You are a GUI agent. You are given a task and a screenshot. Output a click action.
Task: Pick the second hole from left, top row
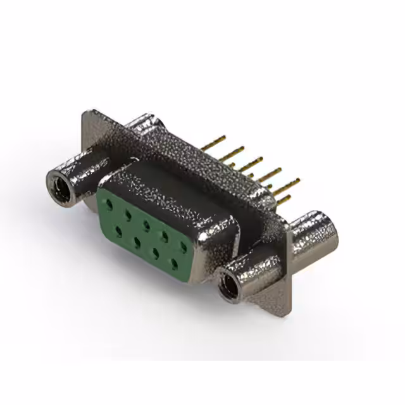pos(128,215)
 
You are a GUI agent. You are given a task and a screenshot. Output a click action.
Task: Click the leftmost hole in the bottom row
pos(118,230)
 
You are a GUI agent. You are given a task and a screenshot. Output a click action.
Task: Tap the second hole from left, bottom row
pos(136,240)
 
